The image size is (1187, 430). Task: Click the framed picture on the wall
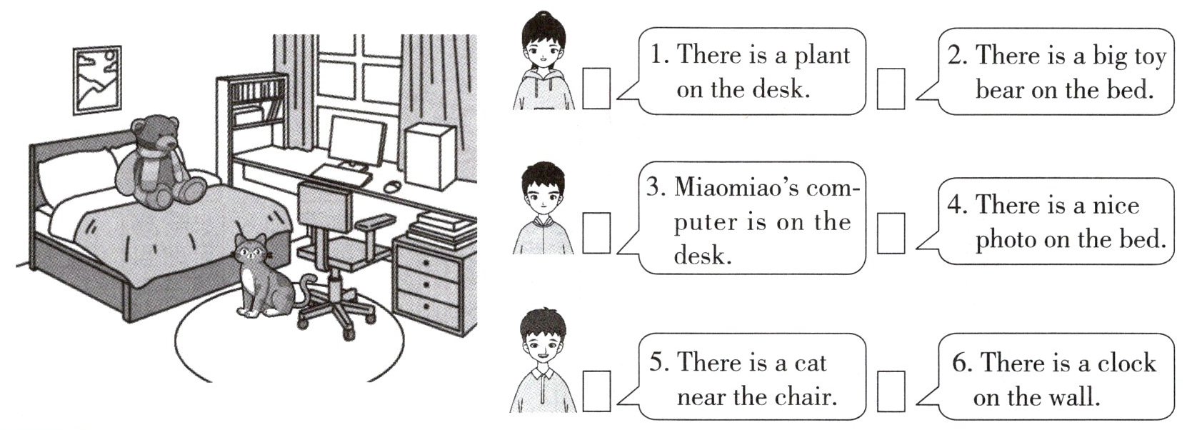pyautogui.click(x=97, y=80)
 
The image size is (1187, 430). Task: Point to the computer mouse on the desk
pyautogui.click(x=391, y=186)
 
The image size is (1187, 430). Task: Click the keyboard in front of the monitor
pyautogui.click(x=339, y=174)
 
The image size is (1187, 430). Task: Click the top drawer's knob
pyautogui.click(x=426, y=262)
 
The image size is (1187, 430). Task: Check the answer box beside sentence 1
pyautogui.click(x=596, y=88)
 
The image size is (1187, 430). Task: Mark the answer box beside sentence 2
pyautogui.click(x=891, y=89)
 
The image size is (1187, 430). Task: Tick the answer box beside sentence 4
pyautogui.click(x=891, y=233)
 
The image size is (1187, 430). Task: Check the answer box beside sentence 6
pyautogui.click(x=891, y=391)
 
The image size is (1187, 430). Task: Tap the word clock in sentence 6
pyautogui.click(x=1126, y=363)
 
